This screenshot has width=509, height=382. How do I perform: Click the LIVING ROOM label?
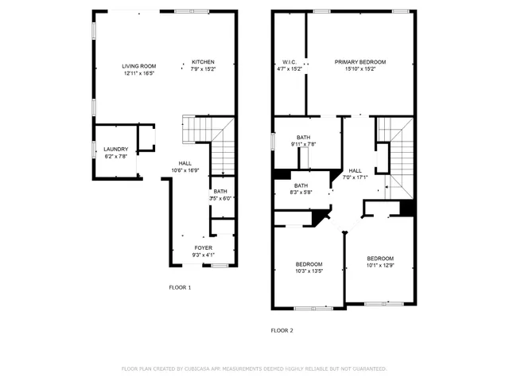pyautogui.click(x=138, y=66)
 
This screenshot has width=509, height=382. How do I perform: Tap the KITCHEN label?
pyautogui.click(x=203, y=62)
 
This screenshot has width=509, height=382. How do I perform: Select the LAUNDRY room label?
pyautogui.click(x=115, y=149)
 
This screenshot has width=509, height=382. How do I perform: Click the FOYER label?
pyautogui.click(x=204, y=248)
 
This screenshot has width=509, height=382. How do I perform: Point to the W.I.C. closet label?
pyautogui.click(x=289, y=62)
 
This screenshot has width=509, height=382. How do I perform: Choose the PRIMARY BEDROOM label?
pyautogui.click(x=359, y=62)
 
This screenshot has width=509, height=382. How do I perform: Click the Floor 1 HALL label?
pyautogui.click(x=185, y=163)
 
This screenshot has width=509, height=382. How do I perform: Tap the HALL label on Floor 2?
pyautogui.click(x=355, y=170)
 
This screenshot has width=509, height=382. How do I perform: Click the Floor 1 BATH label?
pyautogui.click(x=220, y=192)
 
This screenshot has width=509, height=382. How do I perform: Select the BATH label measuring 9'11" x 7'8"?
pyautogui.click(x=304, y=137)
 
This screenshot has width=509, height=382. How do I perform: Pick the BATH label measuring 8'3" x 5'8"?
pyautogui.click(x=301, y=185)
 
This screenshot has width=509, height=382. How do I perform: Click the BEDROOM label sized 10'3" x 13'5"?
pyautogui.click(x=309, y=264)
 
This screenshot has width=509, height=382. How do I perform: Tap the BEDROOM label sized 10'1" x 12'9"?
pyautogui.click(x=379, y=259)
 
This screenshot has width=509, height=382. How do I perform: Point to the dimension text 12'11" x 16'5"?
pyautogui.click(x=138, y=73)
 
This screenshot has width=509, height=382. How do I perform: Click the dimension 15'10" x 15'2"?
pyautogui.click(x=359, y=69)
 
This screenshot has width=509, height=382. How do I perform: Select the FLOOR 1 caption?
pyautogui.click(x=180, y=286)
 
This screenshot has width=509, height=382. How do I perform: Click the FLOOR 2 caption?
pyautogui.click(x=282, y=329)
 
